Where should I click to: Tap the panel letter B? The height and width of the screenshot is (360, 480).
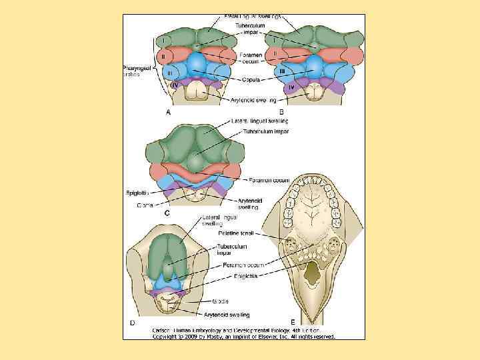[281, 112]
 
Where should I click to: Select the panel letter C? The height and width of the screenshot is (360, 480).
[167, 213]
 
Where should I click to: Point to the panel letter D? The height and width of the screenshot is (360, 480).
[132, 323]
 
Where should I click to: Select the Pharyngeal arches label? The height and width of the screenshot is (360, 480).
[139, 71]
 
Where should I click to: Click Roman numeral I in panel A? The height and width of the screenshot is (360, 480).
[163, 41]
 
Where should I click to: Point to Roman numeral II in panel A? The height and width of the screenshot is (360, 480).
[163, 55]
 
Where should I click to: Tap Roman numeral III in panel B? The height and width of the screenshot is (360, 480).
[282, 70]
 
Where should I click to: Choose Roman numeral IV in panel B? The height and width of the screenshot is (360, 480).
[291, 87]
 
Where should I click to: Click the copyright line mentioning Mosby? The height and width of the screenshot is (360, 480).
[243, 336]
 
